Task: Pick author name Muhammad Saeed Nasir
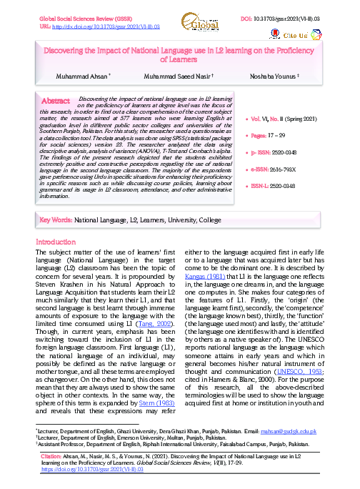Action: [184, 76]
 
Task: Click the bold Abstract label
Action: [56, 101]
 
